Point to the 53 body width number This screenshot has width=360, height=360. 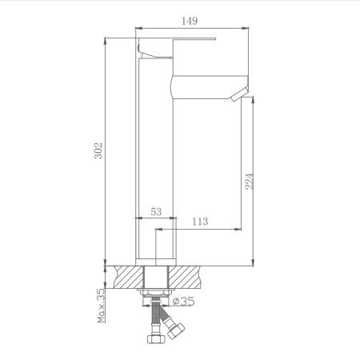tap(155, 212)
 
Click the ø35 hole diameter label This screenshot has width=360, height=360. tap(184, 302)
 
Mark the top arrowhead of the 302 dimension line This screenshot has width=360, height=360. tap(106, 38)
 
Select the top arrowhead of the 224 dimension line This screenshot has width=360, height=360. tap(253, 98)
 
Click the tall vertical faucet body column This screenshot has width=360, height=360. tap(155, 160)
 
